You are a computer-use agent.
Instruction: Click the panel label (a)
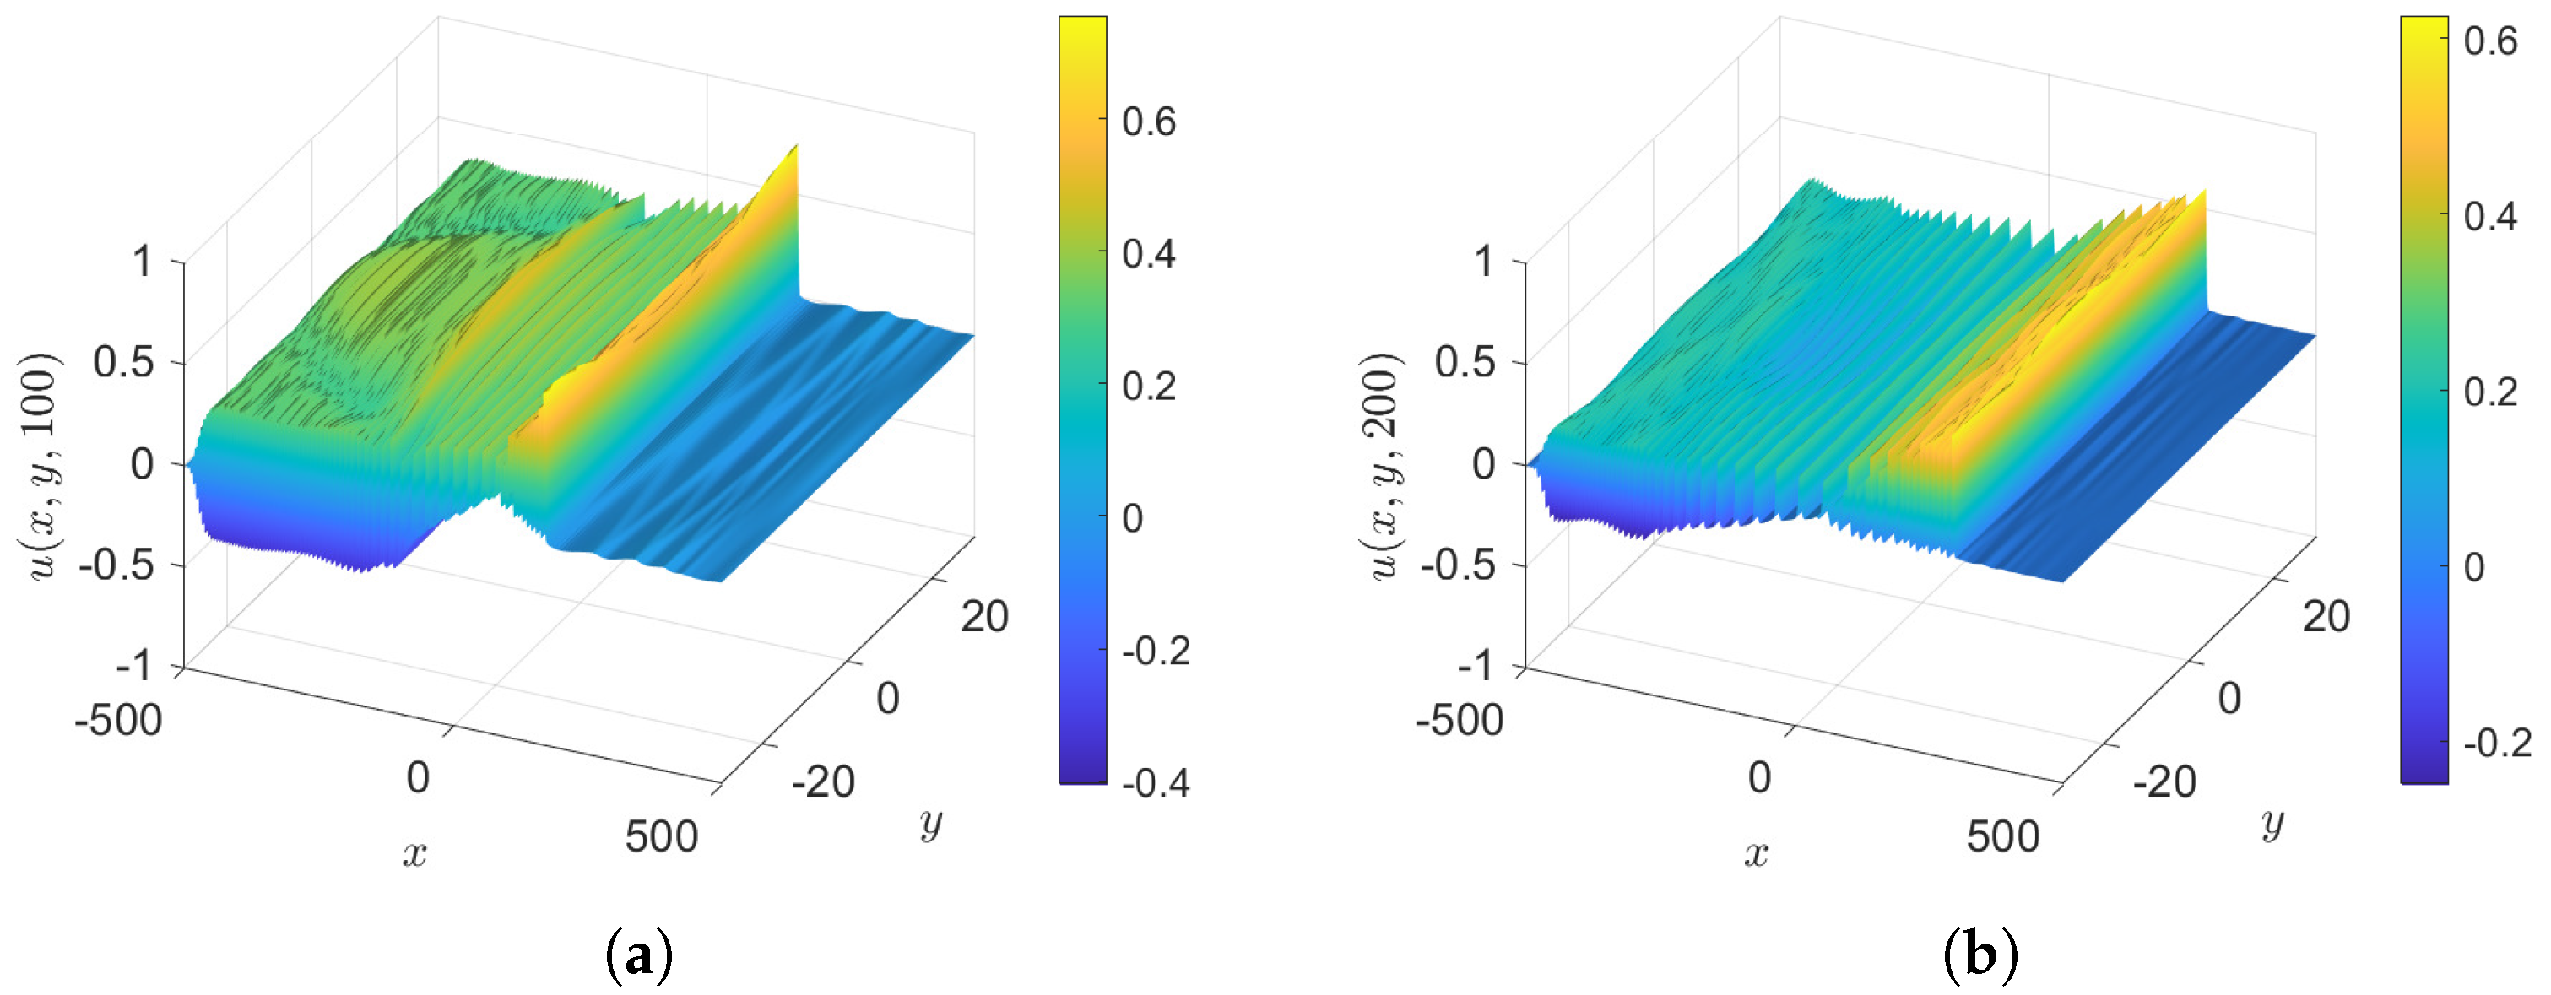pos(639,955)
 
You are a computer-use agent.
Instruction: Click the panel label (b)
pos(1980,955)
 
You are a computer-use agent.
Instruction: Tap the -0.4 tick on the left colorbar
pos(1155,783)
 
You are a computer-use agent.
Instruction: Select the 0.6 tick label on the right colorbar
pos(2489,41)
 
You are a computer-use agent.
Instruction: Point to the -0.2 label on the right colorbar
pos(2496,743)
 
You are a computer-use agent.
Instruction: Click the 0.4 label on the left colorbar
pos(1149,253)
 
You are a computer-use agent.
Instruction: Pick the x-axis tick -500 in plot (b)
pos(1460,720)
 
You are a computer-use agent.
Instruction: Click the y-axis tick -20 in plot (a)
pos(822,782)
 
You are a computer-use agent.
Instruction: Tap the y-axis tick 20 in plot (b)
pos(2326,616)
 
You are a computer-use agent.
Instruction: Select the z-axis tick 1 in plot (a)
pos(143,262)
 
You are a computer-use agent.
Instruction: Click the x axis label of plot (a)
pos(415,852)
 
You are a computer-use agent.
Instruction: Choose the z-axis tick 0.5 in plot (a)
pos(124,362)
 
